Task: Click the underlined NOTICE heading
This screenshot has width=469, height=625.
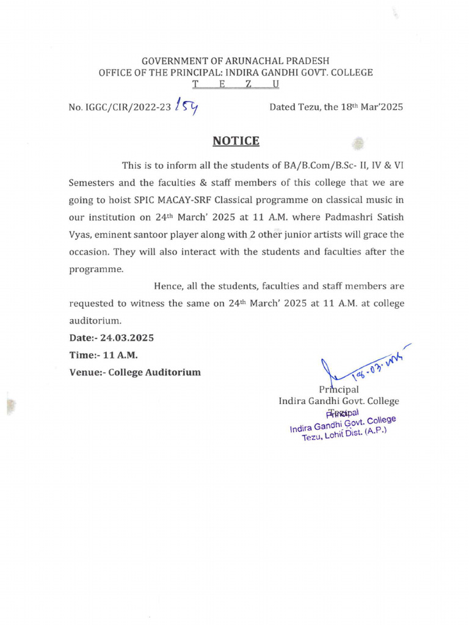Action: click(236, 141)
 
